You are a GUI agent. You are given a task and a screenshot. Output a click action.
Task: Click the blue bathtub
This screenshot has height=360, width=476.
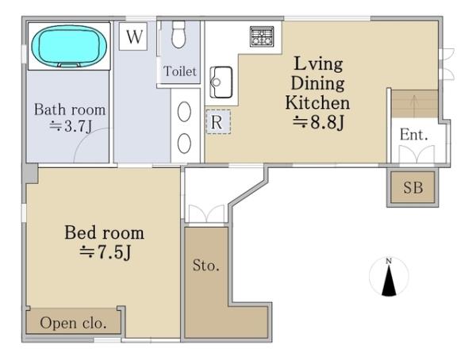(69, 46)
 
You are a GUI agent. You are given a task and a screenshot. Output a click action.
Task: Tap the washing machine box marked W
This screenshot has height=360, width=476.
(133, 36)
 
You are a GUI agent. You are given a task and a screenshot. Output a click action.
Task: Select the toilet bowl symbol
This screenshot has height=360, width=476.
(178, 34)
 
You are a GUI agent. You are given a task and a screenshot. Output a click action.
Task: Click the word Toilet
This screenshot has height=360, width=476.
(180, 71)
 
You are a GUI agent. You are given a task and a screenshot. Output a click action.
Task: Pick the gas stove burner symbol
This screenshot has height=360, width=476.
(262, 36)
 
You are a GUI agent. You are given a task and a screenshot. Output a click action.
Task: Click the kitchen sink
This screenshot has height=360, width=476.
(221, 82)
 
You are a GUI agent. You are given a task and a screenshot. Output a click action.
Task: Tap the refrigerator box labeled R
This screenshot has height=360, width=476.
(218, 122)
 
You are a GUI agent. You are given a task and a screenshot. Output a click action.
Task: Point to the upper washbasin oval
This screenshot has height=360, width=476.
(184, 112)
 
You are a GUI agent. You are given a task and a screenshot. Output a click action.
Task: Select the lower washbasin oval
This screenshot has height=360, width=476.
(184, 144)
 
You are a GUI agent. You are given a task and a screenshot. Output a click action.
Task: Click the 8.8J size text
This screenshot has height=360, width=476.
(318, 123)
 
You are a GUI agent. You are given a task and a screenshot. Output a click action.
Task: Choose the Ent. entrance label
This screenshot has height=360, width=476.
(414, 135)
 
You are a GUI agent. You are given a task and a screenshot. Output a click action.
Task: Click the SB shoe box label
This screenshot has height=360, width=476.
(413, 188)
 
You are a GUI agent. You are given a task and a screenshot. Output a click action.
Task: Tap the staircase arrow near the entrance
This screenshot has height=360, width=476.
(413, 104)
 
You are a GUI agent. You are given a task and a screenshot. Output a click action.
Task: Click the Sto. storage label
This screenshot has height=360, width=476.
(205, 266)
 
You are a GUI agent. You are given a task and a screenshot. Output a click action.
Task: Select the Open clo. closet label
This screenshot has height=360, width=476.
(73, 323)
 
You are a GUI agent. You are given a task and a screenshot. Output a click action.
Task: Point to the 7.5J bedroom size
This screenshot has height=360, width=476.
(105, 252)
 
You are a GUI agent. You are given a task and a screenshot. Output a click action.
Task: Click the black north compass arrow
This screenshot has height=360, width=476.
(389, 280)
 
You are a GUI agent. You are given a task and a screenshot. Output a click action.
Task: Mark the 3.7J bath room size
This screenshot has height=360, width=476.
(71, 126)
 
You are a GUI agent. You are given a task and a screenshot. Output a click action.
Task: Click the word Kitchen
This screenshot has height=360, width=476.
(317, 102)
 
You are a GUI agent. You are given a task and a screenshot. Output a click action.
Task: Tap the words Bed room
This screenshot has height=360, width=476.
(104, 232)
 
